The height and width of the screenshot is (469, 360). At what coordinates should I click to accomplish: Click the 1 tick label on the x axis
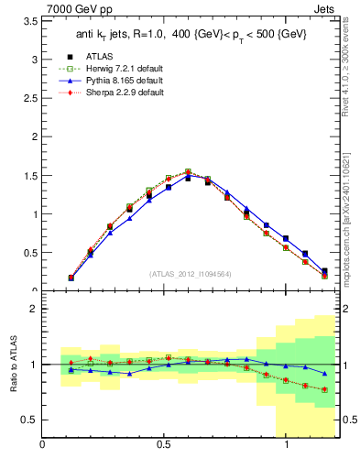[x=287, y=445]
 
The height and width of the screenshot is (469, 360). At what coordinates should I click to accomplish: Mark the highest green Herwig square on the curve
[x=188, y=171]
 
